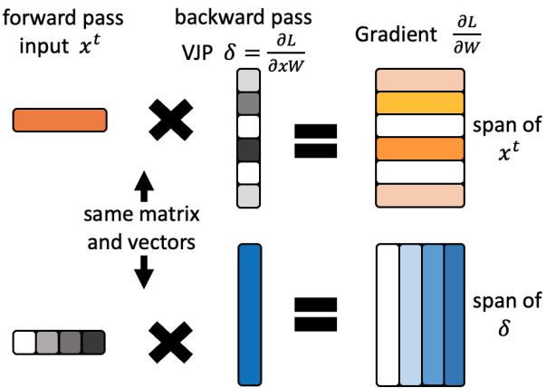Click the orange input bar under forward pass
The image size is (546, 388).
click(x=60, y=120)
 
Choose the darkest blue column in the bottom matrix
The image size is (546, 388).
click(x=455, y=306)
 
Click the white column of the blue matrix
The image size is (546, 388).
click(x=387, y=306)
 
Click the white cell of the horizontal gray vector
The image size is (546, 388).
click(x=24, y=342)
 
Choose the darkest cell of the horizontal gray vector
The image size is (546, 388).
click(x=93, y=342)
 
